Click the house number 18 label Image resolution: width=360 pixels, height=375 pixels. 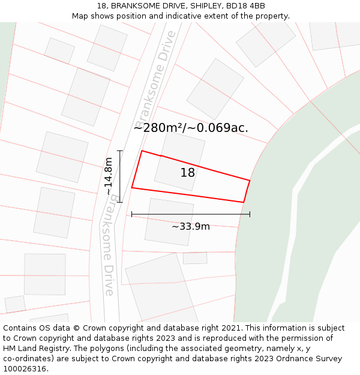[x=188, y=173]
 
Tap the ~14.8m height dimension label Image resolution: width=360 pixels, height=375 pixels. [x=109, y=176]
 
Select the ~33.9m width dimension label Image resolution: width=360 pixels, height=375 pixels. [x=191, y=226]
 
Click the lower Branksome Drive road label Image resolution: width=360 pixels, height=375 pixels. [x=108, y=245]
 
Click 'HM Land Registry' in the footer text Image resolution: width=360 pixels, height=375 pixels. [x=37, y=349]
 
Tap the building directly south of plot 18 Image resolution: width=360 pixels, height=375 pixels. [x=169, y=221]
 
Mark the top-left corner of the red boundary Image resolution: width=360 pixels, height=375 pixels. [x=142, y=151]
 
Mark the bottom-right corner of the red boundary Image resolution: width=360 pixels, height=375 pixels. [x=244, y=202]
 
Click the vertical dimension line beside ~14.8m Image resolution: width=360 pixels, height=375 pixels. [x=120, y=176]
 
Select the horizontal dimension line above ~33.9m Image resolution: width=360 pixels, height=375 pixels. [x=191, y=214]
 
